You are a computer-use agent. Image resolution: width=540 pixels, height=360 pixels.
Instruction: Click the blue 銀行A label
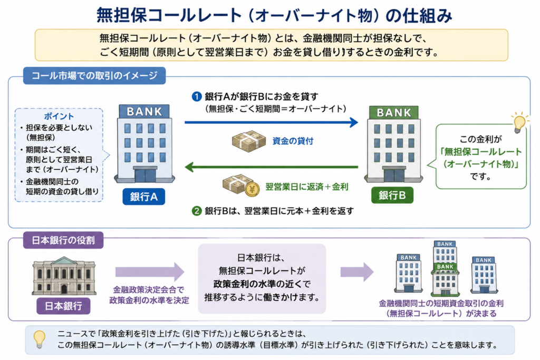click(x=143, y=197)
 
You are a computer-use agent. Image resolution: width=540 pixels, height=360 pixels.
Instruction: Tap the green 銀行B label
click(x=392, y=195)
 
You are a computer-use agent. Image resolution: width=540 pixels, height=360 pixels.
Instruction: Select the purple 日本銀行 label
click(x=63, y=306)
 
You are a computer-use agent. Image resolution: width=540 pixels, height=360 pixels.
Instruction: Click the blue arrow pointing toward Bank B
click(x=272, y=122)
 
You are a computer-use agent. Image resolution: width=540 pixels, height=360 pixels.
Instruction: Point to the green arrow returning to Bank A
click(x=272, y=167)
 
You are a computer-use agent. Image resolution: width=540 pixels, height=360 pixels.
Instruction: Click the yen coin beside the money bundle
click(x=252, y=189)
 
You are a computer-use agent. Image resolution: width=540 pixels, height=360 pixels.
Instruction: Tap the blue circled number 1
click(x=196, y=96)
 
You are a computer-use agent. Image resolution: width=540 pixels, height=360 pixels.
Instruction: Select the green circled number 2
click(x=196, y=211)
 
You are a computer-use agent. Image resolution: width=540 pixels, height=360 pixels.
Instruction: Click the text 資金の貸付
click(x=293, y=141)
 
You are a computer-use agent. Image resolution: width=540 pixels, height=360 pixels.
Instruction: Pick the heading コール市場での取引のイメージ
click(x=94, y=75)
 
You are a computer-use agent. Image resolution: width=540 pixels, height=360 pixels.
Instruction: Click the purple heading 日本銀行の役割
click(x=63, y=240)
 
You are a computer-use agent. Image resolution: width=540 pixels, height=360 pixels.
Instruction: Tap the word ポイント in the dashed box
click(x=59, y=116)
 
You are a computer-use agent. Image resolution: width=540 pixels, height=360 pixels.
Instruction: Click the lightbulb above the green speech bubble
click(x=519, y=122)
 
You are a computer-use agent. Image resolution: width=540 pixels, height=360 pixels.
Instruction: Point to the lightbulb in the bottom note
click(x=39, y=339)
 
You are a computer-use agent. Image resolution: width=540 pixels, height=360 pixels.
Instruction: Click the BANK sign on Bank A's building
click(x=144, y=112)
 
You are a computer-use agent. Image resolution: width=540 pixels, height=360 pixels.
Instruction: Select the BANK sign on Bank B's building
click(x=394, y=113)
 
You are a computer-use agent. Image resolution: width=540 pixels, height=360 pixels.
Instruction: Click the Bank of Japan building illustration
click(x=64, y=276)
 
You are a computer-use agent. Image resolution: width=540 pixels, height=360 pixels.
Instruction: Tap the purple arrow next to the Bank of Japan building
click(x=150, y=272)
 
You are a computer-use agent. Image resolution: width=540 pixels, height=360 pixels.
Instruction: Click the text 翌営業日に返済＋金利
click(x=307, y=187)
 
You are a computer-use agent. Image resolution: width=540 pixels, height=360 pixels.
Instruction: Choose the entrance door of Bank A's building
click(x=145, y=174)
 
